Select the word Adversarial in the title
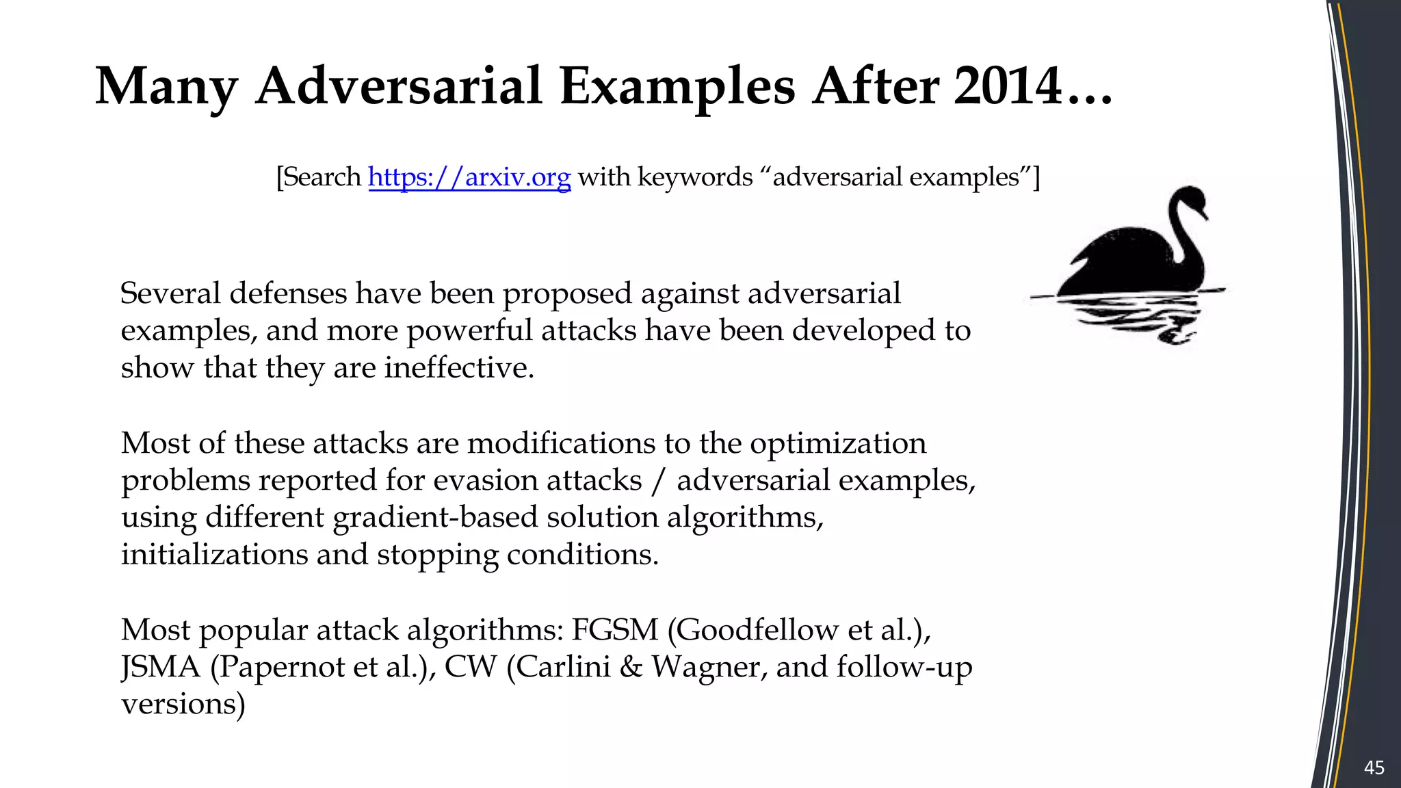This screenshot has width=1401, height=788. click(x=399, y=87)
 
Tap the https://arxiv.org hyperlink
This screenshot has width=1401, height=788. click(x=469, y=177)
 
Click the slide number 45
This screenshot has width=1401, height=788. click(x=1374, y=767)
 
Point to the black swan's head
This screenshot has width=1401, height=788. click(x=1188, y=199)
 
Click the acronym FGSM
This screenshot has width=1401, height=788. click(x=614, y=630)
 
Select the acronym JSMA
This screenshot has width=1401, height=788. click(x=161, y=667)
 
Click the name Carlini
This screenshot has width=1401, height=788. click(x=564, y=667)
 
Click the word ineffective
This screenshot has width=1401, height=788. click(x=458, y=368)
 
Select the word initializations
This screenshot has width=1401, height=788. click(x=214, y=555)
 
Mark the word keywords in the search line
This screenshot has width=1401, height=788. click(x=695, y=177)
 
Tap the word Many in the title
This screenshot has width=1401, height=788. click(x=166, y=87)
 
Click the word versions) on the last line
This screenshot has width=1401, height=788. click(x=183, y=704)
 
